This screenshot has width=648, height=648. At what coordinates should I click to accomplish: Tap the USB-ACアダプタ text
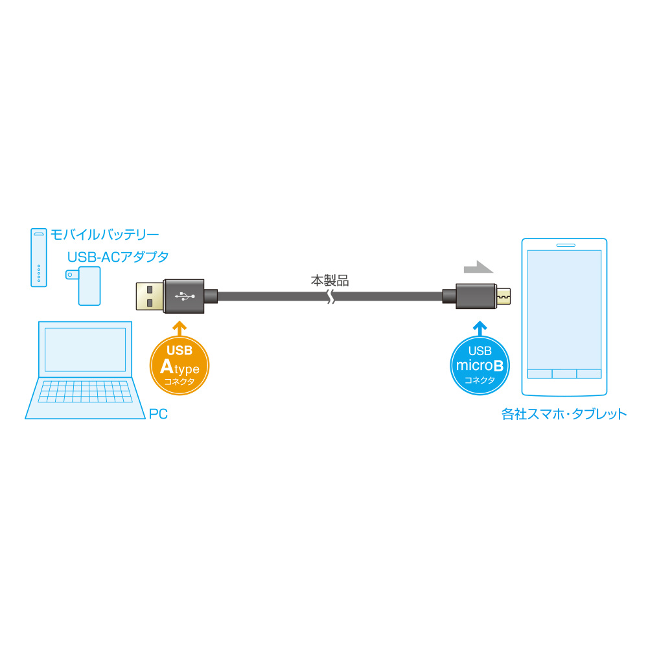point(118,257)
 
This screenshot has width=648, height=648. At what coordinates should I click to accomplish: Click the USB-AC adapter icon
point(87,285)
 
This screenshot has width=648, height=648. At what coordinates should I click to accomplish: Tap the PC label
point(158,413)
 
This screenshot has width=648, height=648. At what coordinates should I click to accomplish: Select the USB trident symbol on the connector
point(185,296)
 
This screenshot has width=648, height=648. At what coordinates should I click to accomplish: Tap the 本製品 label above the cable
point(330,281)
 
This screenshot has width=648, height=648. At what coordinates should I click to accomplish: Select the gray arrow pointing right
point(478,266)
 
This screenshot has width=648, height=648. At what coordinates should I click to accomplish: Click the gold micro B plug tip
point(503,296)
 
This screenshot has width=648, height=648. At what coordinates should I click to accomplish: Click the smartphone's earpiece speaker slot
point(565,246)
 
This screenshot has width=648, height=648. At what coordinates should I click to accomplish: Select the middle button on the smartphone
point(564,374)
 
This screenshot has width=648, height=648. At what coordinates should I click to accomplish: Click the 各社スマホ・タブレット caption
point(564,413)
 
